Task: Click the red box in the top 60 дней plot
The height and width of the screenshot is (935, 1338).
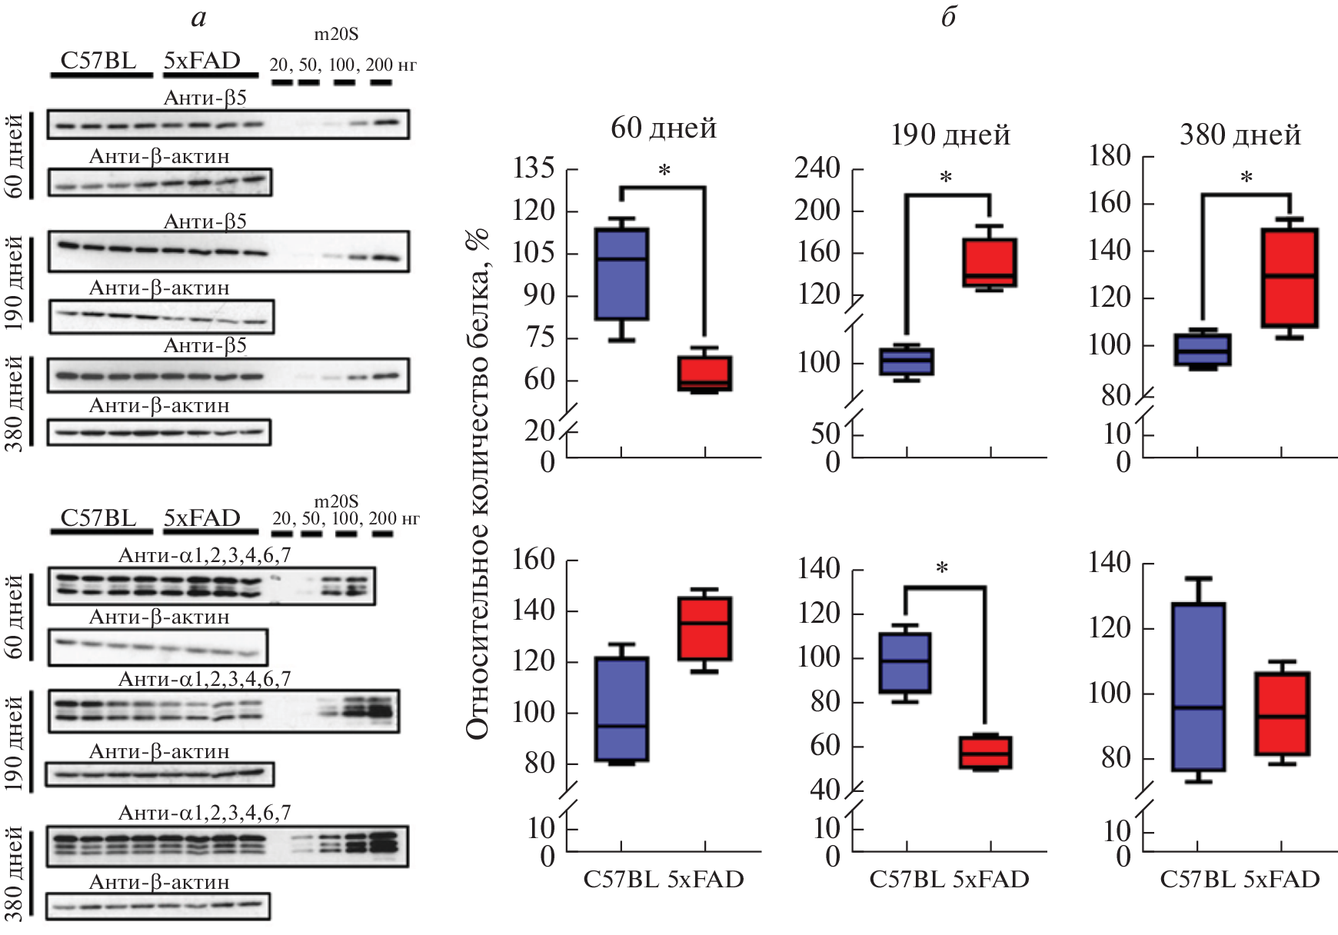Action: pos(704,374)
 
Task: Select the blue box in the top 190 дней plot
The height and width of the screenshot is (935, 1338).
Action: pos(907,361)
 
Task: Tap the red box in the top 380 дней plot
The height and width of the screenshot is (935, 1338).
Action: pos(1290,278)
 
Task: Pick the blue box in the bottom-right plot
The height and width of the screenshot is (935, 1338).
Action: pos(1198,687)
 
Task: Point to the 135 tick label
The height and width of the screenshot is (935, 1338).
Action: pos(534,168)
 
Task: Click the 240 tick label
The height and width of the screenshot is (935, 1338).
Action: pos(817,168)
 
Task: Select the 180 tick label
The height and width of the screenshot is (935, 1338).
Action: pos(1110,157)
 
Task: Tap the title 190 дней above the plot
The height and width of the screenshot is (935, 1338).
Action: pos(950,135)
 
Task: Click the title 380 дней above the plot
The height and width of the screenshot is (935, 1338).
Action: pos(1240,135)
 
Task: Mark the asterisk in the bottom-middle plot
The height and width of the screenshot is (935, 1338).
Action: pos(942,570)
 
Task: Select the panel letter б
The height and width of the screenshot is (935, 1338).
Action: pos(949,17)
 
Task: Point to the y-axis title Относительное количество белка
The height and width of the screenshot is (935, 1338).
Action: pos(478,484)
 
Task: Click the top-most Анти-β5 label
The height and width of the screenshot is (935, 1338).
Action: pos(205,98)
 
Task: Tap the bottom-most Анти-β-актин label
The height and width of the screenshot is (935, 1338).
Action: pos(159,882)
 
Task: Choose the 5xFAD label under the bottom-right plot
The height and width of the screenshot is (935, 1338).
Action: pos(1281,879)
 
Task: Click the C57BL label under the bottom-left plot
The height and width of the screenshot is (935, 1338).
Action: pos(621,879)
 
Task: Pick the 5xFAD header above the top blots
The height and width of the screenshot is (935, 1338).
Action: pos(202,61)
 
